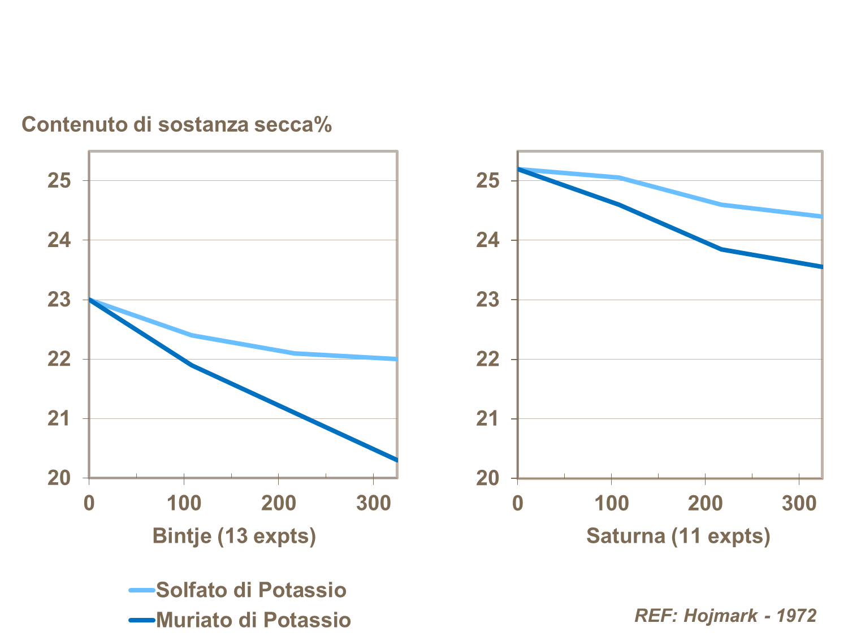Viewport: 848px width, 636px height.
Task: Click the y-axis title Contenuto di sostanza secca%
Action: click(x=176, y=124)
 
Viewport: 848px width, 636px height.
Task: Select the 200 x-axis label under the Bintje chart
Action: click(x=279, y=503)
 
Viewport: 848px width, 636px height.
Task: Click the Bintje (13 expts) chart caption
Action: click(x=234, y=535)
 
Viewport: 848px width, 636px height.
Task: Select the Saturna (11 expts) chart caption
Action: click(x=678, y=535)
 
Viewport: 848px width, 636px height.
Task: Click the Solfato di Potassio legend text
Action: click(x=251, y=590)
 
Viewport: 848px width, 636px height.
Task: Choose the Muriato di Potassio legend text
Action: click(x=253, y=620)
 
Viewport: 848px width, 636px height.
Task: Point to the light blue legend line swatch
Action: click(x=141, y=590)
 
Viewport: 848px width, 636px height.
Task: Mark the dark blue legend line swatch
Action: click(x=141, y=620)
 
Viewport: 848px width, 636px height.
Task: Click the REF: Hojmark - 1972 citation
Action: click(x=725, y=615)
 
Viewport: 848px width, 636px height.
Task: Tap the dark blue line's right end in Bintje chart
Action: click(x=396, y=460)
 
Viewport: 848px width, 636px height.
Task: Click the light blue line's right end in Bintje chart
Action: click(x=396, y=359)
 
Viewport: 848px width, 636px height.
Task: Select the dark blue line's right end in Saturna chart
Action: click(x=821, y=266)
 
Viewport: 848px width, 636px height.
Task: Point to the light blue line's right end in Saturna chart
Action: click(x=821, y=217)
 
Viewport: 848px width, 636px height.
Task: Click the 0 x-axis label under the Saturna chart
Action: click(x=517, y=503)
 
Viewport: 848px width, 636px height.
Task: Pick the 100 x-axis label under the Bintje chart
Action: click(x=184, y=503)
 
